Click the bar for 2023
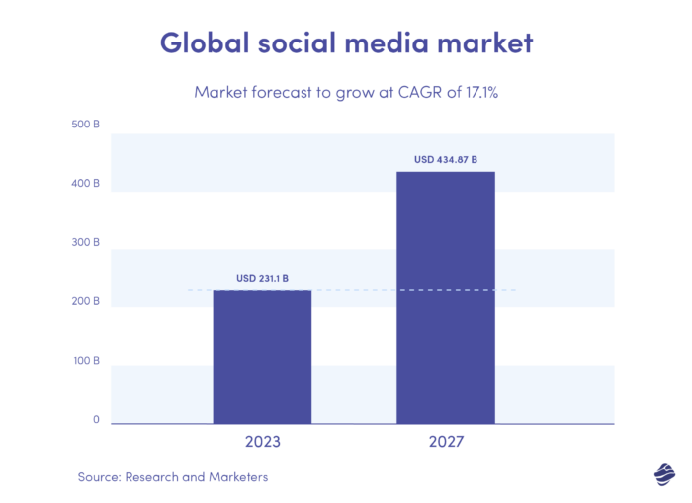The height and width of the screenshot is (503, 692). pos(262,357)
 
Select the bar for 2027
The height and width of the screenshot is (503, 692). pos(446,297)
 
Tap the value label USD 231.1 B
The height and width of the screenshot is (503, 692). pos(262,279)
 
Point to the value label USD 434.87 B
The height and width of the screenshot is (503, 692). pos(446,159)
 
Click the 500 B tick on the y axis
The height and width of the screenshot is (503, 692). pos(86,125)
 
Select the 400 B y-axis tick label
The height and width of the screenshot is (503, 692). pos(86,184)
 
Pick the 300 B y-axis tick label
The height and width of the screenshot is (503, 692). pos(86,242)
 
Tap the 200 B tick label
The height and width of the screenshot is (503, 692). pos(86,301)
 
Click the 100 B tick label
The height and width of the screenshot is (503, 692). pos(86,361)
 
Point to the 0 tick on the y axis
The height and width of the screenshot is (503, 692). pos(96,420)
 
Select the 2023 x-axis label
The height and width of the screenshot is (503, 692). pos(262,442)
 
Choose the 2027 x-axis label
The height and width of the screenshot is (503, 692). pos(446,442)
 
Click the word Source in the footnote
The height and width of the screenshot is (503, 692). pos(100,477)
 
